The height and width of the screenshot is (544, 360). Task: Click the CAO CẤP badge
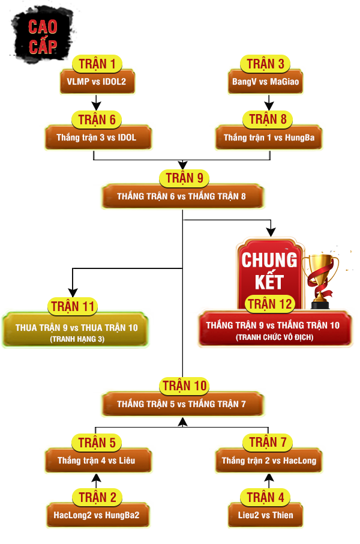coord(42,36)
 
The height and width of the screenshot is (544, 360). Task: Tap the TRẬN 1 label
coord(97,64)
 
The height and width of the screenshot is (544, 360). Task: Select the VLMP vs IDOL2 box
coord(97,82)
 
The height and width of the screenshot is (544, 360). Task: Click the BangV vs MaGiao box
coord(265,82)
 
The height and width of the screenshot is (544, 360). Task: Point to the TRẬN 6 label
coord(97,119)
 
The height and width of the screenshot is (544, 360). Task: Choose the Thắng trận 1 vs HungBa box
coord(265,138)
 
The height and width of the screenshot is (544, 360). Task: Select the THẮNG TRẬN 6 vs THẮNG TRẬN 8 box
coord(182,196)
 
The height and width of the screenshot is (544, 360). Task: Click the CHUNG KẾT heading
coord(269,270)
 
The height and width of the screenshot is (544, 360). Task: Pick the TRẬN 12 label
coord(269,304)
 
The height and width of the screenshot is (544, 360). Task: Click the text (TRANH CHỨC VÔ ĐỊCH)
coord(274,337)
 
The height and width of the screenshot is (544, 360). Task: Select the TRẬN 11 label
coord(73,307)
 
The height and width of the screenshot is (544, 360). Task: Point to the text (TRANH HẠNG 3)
coord(76,339)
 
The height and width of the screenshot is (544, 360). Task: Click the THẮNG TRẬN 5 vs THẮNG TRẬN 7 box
coord(182,404)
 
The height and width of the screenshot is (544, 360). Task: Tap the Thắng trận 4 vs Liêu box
coord(97,461)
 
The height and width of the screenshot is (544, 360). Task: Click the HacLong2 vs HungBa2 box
coord(97,515)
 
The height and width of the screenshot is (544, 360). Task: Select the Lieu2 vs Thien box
coord(265,515)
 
